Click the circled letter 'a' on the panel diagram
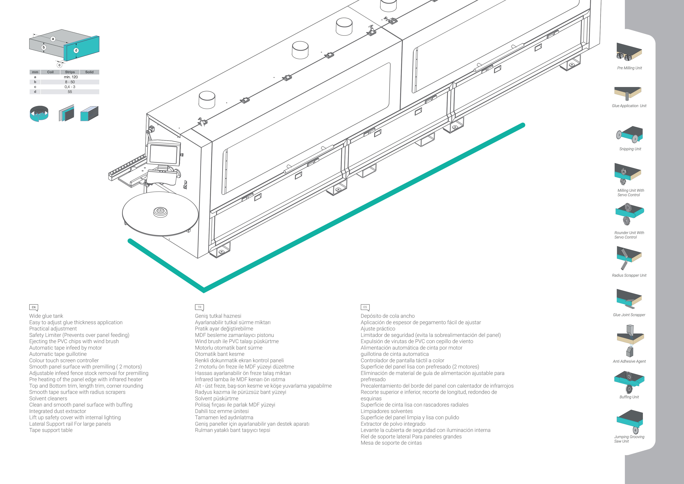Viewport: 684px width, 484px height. click(53, 39)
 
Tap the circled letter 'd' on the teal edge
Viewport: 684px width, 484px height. click(76, 50)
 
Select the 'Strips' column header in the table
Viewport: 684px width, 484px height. click(70, 72)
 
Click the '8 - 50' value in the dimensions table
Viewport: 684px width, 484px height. click(70, 82)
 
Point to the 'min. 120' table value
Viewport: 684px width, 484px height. click(71, 77)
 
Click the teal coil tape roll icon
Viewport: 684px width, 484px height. click(39, 113)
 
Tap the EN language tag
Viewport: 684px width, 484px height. click(34, 307)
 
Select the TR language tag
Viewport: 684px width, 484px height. click(199, 307)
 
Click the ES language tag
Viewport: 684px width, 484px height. click(365, 307)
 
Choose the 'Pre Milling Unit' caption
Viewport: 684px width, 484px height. click(629, 68)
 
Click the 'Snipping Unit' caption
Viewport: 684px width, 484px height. click(630, 149)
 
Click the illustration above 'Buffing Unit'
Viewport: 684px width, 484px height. click(629, 382)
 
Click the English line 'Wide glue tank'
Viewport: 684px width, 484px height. click(46, 316)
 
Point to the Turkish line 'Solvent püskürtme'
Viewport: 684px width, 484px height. click(217, 398)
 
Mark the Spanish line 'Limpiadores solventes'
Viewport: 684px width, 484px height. click(386, 411)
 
